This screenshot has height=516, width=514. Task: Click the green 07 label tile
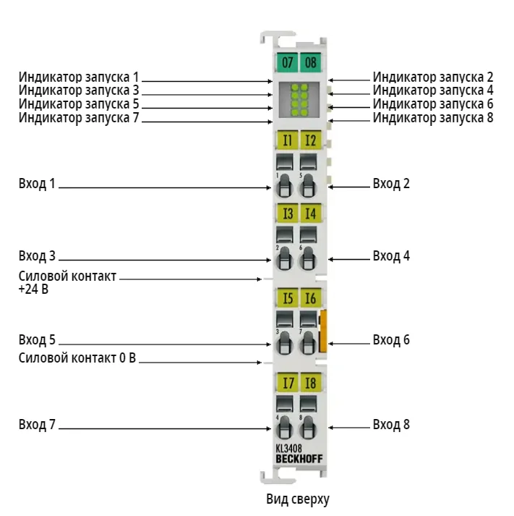pos(287,62)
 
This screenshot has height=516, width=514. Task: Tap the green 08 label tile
pos(311,62)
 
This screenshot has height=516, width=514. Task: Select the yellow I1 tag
pos(287,140)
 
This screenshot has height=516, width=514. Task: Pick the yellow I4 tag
pos(311,213)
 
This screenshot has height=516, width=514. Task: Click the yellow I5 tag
pos(287,298)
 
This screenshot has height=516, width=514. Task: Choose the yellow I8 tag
pos(311,382)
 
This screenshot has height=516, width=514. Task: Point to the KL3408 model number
pos(288,448)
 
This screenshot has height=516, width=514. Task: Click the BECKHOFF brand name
pos(299,459)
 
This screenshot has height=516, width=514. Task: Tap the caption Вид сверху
pos(298,499)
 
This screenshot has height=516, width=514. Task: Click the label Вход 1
pos(37,184)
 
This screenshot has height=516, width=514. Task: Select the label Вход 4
pos(391,255)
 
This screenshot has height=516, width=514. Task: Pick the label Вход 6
pos(391,339)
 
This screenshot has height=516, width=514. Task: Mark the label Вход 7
pos(37,424)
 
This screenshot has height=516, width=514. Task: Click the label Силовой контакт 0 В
pos(77,358)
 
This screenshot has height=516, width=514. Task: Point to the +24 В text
pos(33,289)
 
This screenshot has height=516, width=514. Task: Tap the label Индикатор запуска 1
pos(79,77)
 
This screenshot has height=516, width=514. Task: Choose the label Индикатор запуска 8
pos(433,117)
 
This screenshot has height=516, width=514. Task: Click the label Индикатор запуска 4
pos(433,90)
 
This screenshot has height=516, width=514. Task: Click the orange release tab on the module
pos(323,331)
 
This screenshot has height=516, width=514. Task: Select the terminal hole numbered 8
pos(308,427)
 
